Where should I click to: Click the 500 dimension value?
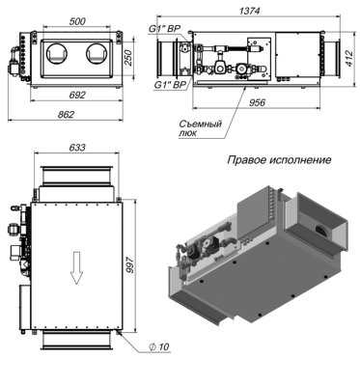point(77,21)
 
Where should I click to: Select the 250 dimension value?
point(128,58)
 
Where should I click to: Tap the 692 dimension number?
point(77,95)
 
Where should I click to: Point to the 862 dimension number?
point(66,115)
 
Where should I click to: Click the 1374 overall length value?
point(249,11)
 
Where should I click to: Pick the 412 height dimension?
point(349,58)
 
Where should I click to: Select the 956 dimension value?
point(257,102)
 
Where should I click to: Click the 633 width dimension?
point(77,147)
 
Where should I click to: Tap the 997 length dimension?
point(129,264)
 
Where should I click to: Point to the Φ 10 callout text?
point(158,346)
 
